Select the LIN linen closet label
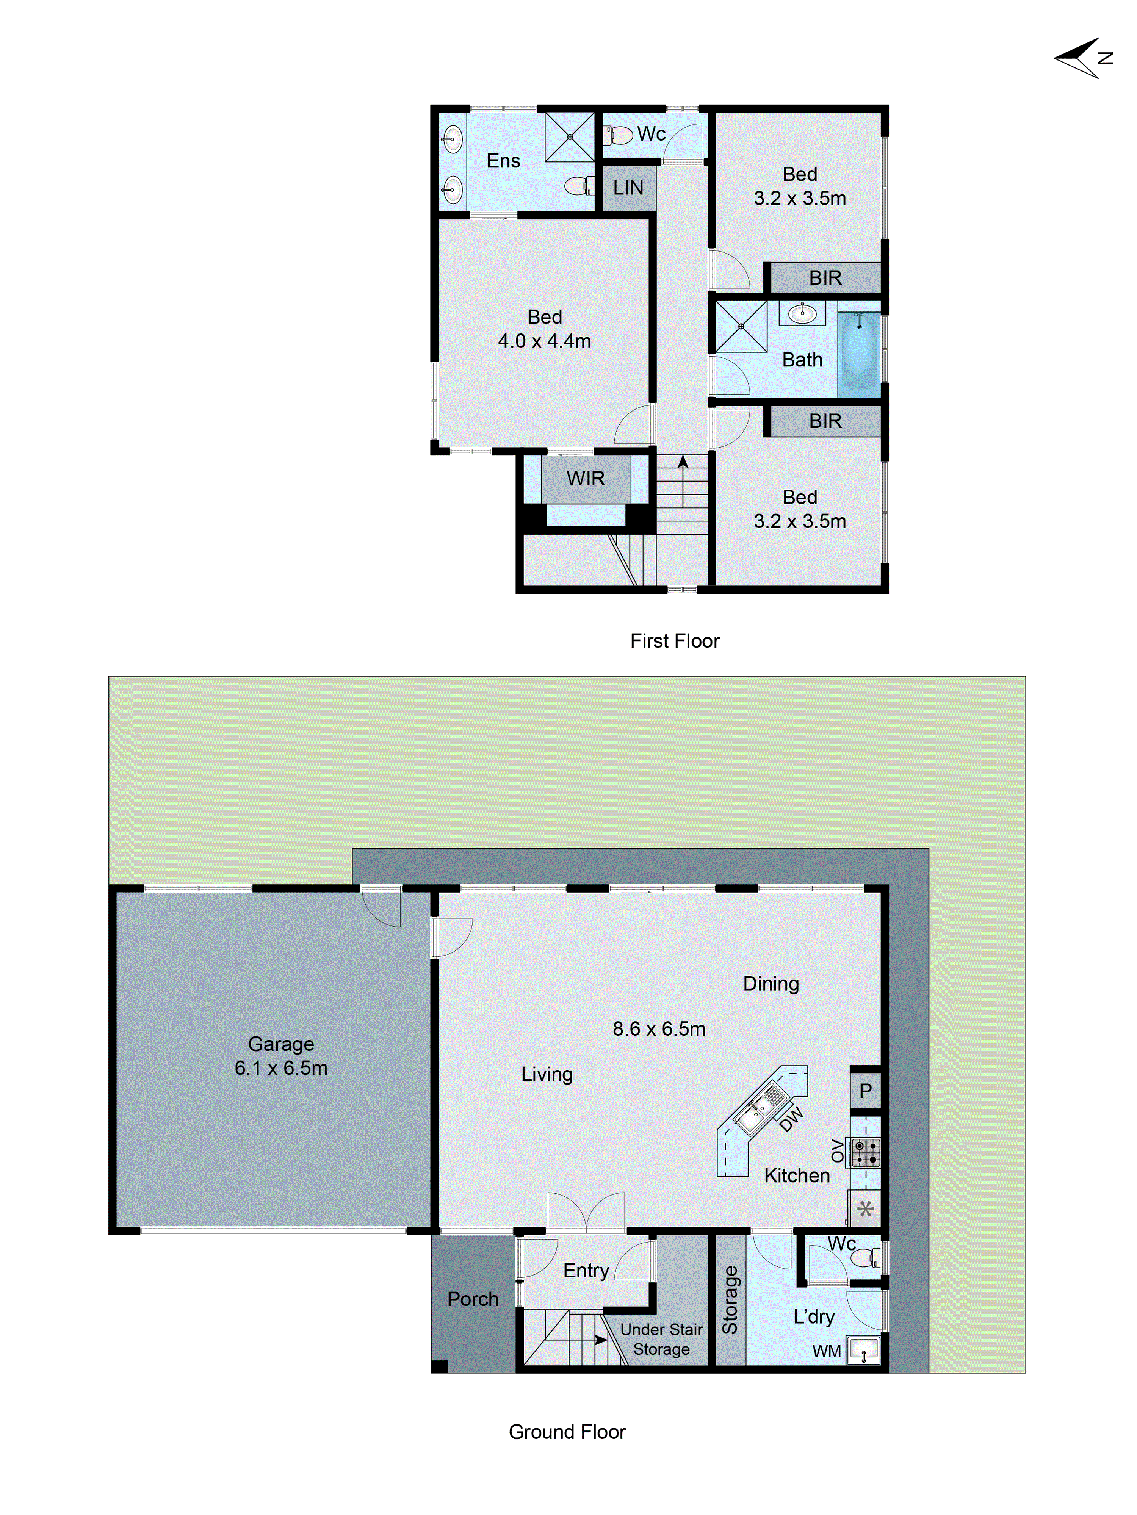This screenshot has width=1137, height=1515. point(628,188)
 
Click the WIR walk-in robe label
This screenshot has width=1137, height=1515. point(586,479)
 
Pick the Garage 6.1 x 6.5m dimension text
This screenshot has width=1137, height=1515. point(281,1068)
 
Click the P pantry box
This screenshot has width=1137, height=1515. point(865,1090)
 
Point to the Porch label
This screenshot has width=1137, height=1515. point(473,1299)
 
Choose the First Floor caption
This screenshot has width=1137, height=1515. point(675,641)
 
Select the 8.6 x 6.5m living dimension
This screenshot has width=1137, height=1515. point(659,1029)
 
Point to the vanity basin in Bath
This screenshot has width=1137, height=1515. point(802,315)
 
